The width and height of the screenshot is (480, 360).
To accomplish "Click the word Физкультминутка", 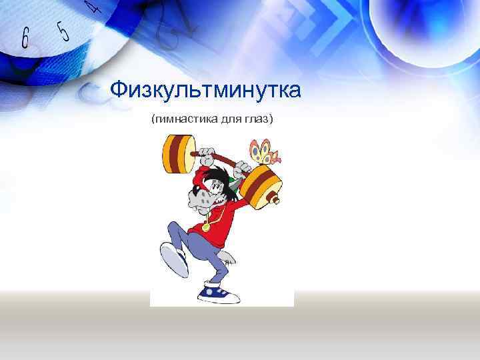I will tap(206, 89).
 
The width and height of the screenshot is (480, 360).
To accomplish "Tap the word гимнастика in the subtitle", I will tap(184, 119).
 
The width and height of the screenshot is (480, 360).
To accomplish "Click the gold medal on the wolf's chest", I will tap(206, 227).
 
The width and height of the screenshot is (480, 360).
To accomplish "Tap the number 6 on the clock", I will tap(25, 38).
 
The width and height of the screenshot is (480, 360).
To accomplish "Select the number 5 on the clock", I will tap(63, 31).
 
